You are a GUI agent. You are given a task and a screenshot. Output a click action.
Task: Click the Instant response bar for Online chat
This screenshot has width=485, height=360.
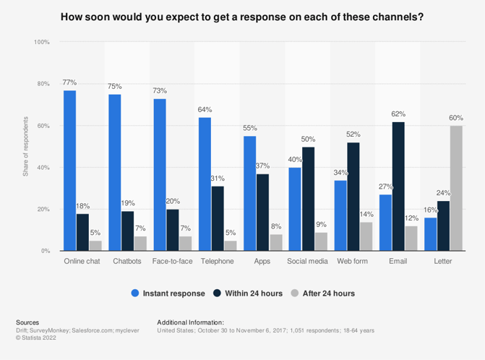point(69,171)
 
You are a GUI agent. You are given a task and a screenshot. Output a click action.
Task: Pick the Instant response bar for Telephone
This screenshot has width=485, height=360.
point(205,184)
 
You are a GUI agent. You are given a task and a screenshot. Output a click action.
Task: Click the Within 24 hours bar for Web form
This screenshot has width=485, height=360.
point(353,197)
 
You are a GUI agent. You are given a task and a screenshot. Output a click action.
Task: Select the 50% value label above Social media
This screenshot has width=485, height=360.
point(309,139)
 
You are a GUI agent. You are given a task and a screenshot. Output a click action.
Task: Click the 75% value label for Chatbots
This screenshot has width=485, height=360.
point(115,87)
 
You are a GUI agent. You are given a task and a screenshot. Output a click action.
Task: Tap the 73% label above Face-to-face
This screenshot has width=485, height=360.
point(160,91)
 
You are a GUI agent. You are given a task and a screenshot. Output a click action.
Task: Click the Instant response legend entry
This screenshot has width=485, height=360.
point(168,293)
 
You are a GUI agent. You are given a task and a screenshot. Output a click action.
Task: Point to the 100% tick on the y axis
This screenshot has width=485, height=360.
point(42,43)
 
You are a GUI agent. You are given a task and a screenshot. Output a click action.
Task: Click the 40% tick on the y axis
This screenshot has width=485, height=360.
point(43,168)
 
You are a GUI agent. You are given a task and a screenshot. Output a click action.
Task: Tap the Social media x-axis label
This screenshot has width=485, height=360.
point(308,261)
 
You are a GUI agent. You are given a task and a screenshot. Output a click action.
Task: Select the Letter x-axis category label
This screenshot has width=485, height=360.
point(442,261)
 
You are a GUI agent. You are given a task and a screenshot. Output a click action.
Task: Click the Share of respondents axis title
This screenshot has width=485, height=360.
point(25,147)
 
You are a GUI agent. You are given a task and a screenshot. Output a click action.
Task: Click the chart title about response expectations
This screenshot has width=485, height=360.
point(242,16)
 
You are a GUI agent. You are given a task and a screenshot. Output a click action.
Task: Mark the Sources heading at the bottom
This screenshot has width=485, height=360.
point(27,322)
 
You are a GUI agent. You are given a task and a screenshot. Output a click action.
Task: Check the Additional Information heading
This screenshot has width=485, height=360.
point(190,322)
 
